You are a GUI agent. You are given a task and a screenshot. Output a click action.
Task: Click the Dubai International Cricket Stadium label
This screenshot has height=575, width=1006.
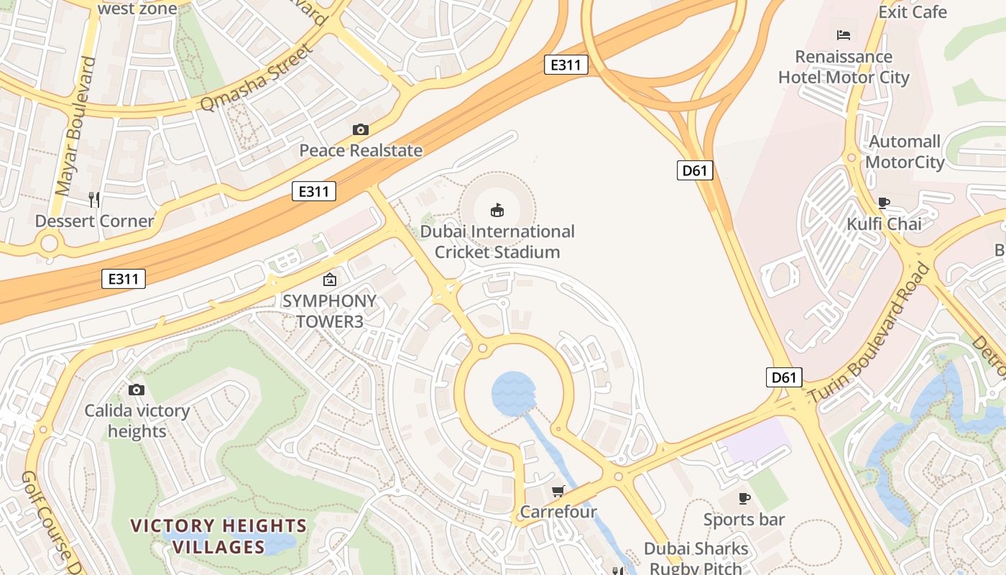[x=497, y=241]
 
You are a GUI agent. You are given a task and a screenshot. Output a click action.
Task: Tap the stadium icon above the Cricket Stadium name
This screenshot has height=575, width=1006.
[x=497, y=210]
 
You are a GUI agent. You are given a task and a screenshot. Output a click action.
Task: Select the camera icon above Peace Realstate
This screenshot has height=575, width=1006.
[x=361, y=129]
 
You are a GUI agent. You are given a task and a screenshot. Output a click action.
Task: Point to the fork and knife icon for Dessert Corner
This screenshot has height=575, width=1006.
[x=94, y=199]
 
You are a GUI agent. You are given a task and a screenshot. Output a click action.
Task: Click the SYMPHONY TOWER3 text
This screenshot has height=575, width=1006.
[x=329, y=310]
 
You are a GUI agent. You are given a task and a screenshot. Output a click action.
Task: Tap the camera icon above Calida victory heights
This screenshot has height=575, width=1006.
[x=137, y=390]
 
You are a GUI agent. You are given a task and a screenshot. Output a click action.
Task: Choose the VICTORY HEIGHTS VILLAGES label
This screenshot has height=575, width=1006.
[x=218, y=536]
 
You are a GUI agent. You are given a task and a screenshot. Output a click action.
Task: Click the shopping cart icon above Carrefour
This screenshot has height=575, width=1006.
[x=558, y=492]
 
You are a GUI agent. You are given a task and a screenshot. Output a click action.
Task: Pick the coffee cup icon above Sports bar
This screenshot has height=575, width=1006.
[x=744, y=498]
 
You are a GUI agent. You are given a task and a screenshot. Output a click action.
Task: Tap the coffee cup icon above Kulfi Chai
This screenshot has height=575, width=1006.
[x=884, y=203]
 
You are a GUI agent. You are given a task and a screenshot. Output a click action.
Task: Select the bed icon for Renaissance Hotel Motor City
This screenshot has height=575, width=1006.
[x=844, y=35]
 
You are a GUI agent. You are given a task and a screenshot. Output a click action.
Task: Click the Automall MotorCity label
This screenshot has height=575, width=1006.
[x=905, y=152]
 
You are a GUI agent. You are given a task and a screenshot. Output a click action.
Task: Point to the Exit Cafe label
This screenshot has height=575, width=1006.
[x=913, y=12]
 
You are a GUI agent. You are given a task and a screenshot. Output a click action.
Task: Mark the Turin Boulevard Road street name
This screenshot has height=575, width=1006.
[x=869, y=334]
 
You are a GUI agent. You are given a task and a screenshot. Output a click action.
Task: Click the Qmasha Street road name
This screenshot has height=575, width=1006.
[x=257, y=78]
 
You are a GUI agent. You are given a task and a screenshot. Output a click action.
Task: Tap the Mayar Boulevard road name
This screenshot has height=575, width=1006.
[x=75, y=126]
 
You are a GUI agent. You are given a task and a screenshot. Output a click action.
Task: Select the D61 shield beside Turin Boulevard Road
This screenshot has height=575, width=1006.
[x=784, y=377]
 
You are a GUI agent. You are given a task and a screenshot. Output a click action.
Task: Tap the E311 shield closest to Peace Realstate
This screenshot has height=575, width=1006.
[x=314, y=191]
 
